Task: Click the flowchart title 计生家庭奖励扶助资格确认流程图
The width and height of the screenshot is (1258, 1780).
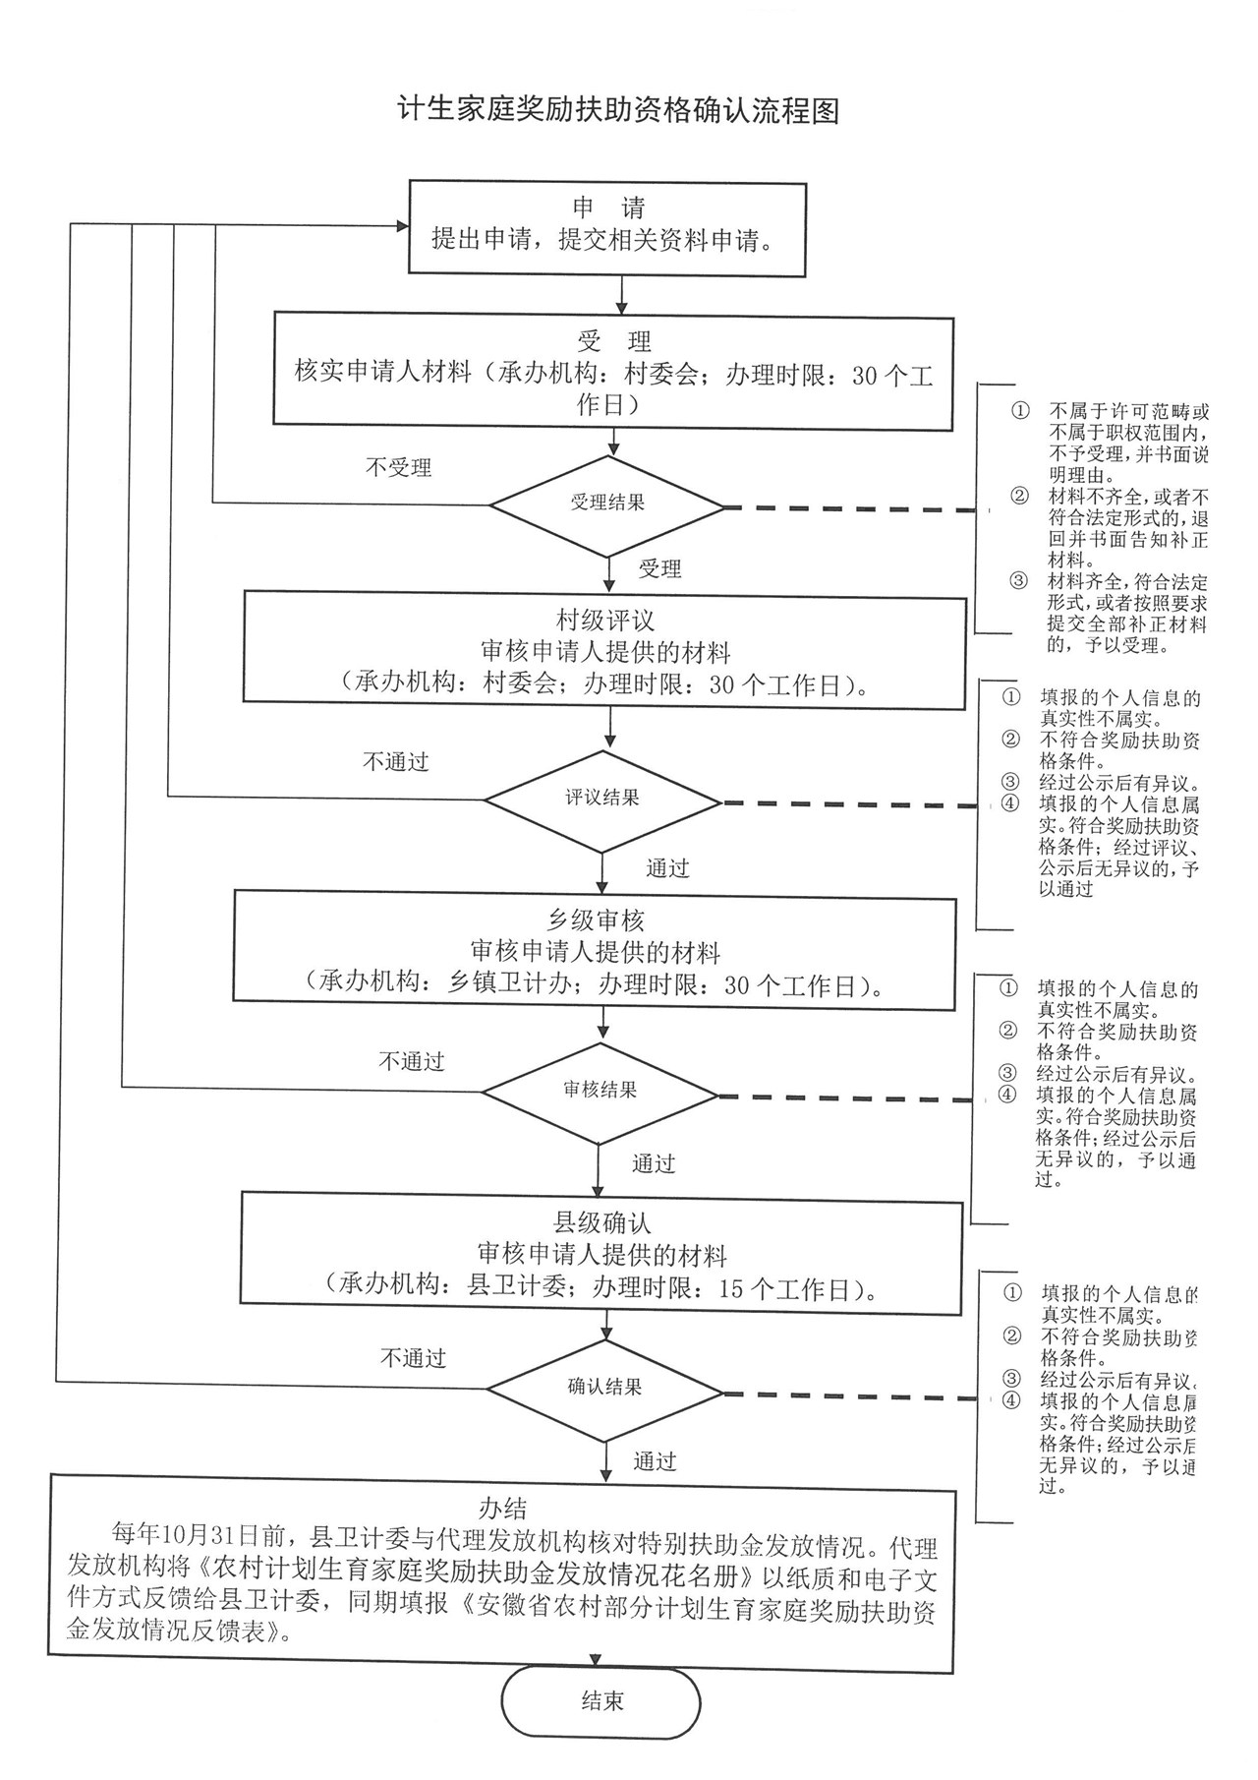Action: click(x=618, y=110)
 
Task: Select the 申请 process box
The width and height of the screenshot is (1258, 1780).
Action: click(x=607, y=227)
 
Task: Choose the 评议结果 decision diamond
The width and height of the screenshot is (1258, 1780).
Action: click(x=602, y=800)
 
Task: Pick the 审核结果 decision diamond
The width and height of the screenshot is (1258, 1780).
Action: click(x=600, y=1091)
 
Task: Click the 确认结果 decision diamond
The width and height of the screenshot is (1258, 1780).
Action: click(x=604, y=1388)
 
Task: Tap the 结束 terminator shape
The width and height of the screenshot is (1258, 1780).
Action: click(x=601, y=1701)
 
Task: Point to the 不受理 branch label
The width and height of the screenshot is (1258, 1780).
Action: click(x=398, y=468)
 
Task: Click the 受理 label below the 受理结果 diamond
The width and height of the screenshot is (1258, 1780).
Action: click(x=659, y=568)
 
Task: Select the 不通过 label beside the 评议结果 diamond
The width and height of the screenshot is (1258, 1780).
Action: click(x=396, y=762)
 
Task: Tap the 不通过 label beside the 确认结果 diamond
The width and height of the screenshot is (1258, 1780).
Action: click(x=413, y=1358)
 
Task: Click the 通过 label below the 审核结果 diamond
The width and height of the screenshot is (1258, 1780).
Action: click(x=653, y=1164)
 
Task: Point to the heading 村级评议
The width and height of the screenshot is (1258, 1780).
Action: click(x=604, y=620)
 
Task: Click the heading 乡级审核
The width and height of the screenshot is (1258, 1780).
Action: click(x=596, y=920)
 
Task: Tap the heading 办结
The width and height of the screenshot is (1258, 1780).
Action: click(x=503, y=1508)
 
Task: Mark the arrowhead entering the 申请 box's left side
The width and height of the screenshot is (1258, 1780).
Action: click(x=401, y=226)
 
